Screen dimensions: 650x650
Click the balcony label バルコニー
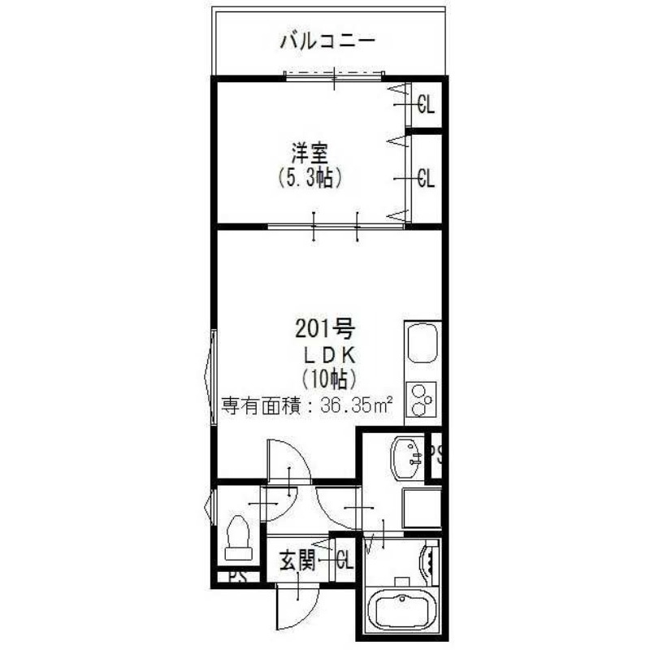click(327, 40)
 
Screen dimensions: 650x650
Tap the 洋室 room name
click(309, 152)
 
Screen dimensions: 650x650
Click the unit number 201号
click(323, 329)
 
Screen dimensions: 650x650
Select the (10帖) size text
click(328, 378)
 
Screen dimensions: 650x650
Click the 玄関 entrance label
click(297, 561)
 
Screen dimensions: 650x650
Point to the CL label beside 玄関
click(344, 561)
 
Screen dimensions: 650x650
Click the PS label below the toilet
click(237, 578)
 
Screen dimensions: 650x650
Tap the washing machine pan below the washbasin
click(422, 507)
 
